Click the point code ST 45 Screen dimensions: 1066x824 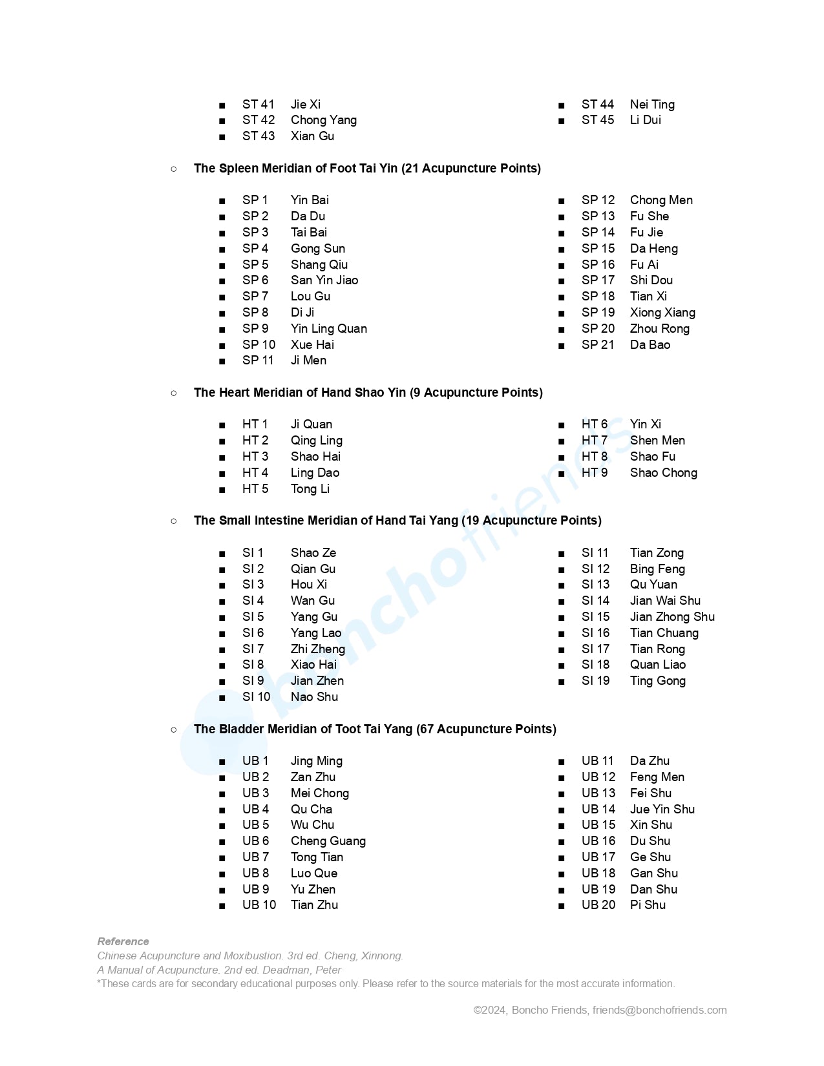(x=597, y=120)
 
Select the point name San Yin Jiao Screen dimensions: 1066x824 (x=324, y=280)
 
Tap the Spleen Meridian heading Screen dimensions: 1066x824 (x=367, y=169)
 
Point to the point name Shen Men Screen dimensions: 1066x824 (x=657, y=441)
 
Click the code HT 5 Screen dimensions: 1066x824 (x=255, y=489)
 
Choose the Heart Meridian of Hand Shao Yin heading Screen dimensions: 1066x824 (x=368, y=393)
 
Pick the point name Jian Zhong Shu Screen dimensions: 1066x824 (x=672, y=617)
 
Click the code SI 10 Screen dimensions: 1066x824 (x=256, y=697)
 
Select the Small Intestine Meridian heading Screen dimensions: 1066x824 (x=397, y=521)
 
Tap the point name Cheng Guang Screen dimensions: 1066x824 (x=328, y=841)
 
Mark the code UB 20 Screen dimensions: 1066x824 (x=598, y=905)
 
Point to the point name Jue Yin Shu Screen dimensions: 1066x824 (x=662, y=810)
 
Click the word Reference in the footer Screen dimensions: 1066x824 (x=123, y=942)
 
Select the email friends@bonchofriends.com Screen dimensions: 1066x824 (x=659, y=1010)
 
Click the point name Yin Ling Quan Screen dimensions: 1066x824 (x=328, y=329)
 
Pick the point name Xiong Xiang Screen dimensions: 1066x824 (x=662, y=313)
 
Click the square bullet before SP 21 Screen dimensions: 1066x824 (x=562, y=346)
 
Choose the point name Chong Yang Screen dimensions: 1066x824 (x=323, y=120)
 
